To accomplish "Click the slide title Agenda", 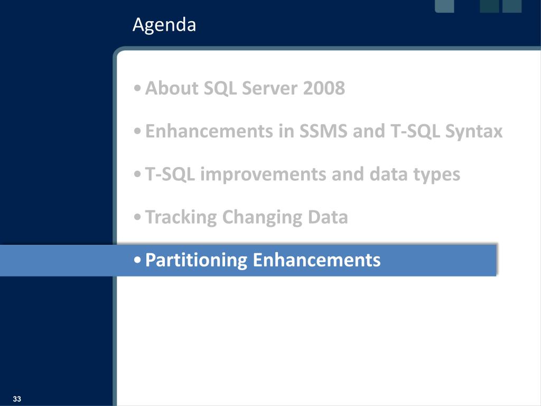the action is (164, 25).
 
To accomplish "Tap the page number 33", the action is (17, 399).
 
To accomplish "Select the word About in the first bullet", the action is (172, 88).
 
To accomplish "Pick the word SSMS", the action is (323, 131).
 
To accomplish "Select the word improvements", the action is (263, 174).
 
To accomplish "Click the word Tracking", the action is (181, 217).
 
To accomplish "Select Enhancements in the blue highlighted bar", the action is (317, 260).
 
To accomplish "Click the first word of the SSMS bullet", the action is (209, 131).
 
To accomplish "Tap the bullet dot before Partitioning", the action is (137, 260).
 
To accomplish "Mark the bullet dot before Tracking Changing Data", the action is (137, 217).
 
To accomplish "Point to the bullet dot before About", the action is (137, 88).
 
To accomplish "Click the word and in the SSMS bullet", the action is (369, 131).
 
